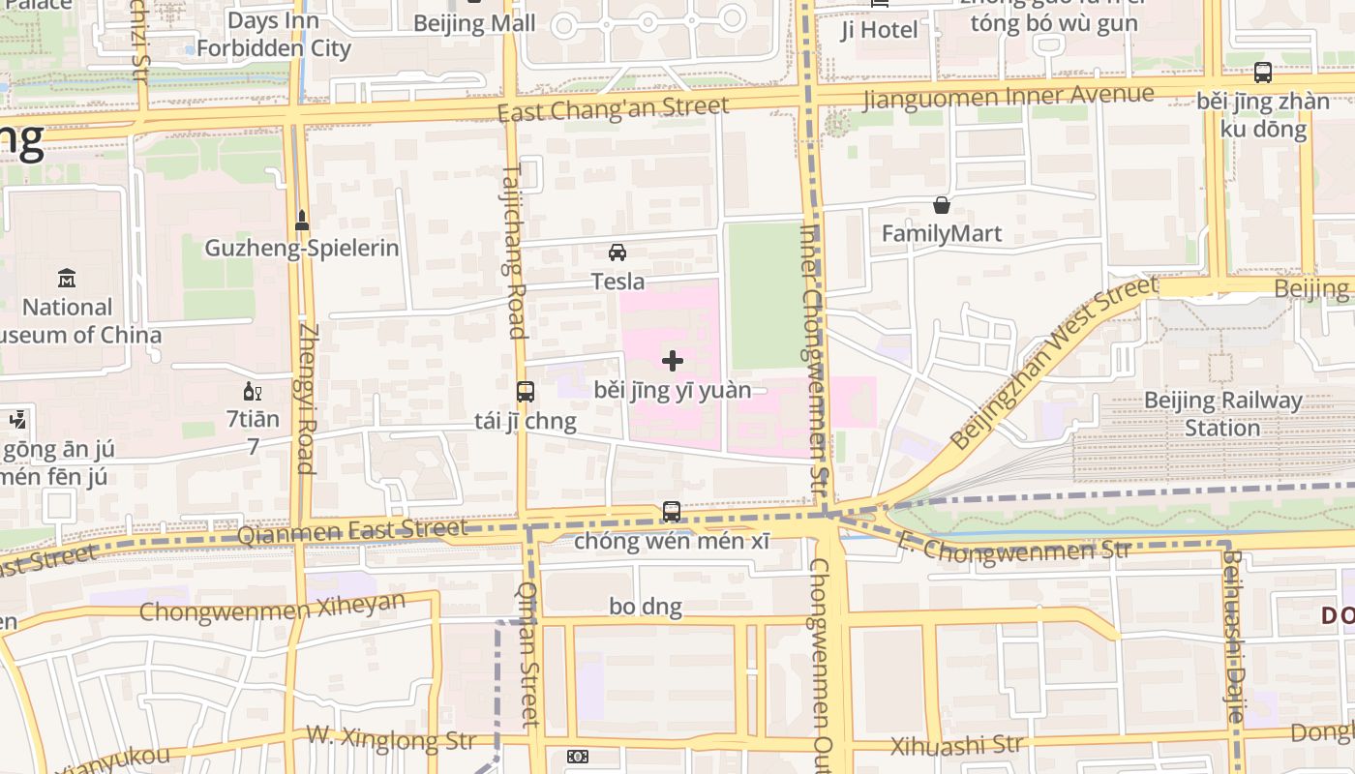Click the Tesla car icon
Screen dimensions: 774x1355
617,253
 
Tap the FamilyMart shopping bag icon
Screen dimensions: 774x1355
941,205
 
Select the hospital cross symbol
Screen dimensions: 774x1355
673,362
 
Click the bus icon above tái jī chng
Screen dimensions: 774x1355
526,392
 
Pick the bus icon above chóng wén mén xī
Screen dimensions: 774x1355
672,511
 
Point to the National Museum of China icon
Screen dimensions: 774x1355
67,279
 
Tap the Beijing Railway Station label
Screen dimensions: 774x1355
1222,414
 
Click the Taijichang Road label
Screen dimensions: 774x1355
514,250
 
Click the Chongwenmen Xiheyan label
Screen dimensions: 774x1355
272,609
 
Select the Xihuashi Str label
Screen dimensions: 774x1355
956,745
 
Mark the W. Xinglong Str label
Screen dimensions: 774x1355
391,737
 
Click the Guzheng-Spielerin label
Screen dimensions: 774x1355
301,248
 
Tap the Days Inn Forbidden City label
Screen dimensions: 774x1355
273,35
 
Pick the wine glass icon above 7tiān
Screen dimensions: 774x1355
252,392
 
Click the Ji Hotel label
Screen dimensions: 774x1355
879,30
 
